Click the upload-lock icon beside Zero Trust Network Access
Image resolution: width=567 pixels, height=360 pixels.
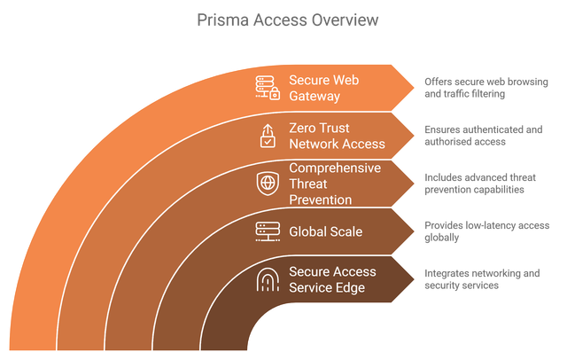coord(267,136)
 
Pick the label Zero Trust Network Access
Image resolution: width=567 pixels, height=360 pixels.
coord(337,136)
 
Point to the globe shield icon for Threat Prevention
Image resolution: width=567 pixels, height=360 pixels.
coord(267,184)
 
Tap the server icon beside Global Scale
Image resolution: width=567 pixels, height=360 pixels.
coord(267,231)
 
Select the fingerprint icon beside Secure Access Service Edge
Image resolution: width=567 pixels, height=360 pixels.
coord(267,279)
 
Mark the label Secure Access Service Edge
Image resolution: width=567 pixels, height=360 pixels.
coord(332,279)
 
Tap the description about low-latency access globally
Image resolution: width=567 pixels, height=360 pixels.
coord(486,231)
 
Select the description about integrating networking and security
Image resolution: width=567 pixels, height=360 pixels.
coord(482,279)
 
